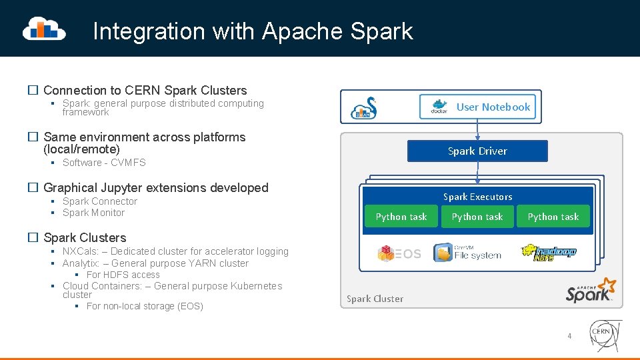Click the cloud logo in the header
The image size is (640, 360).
[x=44, y=29]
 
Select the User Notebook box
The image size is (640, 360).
[x=477, y=107]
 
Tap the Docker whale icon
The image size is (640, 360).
[x=439, y=107]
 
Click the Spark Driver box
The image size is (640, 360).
[x=477, y=151]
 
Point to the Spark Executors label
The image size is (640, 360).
[x=477, y=197]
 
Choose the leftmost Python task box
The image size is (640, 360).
[x=401, y=217]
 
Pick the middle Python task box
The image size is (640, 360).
[x=477, y=217]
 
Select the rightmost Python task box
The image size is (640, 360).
[x=553, y=217]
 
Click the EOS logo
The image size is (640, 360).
[x=399, y=253]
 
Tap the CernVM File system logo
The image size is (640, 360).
[x=467, y=253]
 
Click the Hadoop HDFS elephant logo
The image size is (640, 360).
[x=549, y=252]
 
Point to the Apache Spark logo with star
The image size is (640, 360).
[x=591, y=291]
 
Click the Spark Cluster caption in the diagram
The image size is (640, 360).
[x=375, y=299]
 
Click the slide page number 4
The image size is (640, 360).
[x=569, y=336]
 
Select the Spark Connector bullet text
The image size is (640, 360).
[x=100, y=201]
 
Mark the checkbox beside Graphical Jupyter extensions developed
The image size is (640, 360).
[x=32, y=188]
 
